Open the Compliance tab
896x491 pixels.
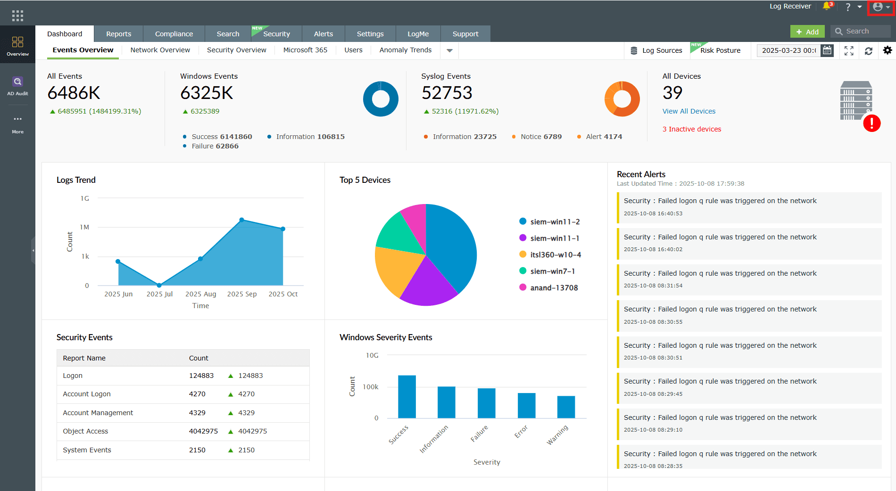pos(174,34)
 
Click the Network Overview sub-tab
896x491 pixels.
pos(160,50)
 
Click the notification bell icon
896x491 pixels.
pos(827,6)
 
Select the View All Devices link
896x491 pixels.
pos(689,111)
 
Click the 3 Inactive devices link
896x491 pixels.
pos(691,129)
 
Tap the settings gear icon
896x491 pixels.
pos(887,50)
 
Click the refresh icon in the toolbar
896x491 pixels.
pos(868,51)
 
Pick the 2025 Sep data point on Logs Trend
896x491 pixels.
pos(242,220)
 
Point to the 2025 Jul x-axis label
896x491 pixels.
pos(159,294)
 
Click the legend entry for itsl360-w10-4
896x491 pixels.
pos(555,255)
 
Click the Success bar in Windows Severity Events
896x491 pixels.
pos(407,396)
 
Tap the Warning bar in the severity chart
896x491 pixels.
pos(566,407)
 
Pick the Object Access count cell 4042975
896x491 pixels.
pos(203,431)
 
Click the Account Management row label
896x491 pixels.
pos(98,413)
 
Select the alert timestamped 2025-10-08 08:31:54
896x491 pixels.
pos(748,279)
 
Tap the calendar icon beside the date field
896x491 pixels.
pos(827,50)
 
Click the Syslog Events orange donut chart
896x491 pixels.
pos(622,99)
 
